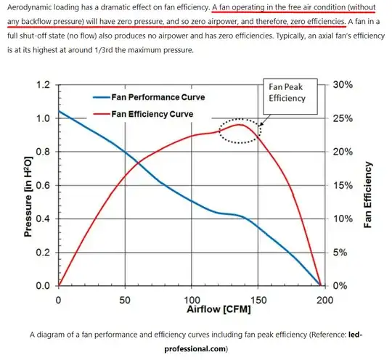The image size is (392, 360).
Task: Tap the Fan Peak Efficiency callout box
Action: coord(287,92)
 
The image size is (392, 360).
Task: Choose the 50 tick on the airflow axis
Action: coord(125,300)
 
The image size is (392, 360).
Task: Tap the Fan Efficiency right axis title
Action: coord(369,195)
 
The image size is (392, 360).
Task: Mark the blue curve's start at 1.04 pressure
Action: coord(59,112)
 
